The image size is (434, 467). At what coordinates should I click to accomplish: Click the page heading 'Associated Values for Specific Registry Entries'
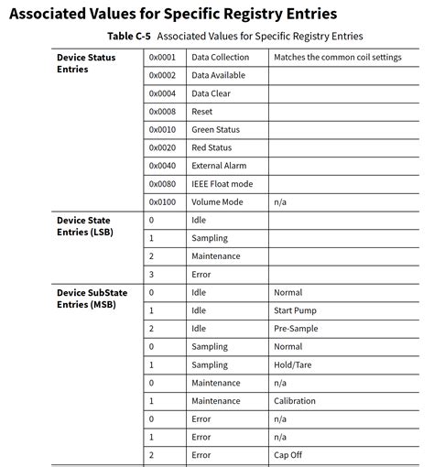(173, 14)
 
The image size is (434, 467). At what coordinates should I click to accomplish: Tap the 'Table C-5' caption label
(129, 36)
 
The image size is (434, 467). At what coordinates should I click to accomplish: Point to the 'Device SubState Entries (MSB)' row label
(92, 298)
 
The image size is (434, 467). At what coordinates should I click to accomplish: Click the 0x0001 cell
(161, 57)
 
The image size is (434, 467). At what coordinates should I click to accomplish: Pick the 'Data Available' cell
(218, 75)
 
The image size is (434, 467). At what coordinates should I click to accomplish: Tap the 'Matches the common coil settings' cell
(337, 57)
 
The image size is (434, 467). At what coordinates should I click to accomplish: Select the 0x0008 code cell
(161, 111)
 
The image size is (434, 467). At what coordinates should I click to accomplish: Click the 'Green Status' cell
(215, 129)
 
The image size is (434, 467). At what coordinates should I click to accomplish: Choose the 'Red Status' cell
(212, 147)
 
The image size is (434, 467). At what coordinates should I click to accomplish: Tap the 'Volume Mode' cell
(217, 201)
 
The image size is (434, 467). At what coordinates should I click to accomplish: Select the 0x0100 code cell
(161, 201)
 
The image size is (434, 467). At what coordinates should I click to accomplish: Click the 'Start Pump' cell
(295, 310)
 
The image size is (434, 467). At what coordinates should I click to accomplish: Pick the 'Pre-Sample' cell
(295, 328)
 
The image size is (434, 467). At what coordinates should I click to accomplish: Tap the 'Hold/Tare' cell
(293, 364)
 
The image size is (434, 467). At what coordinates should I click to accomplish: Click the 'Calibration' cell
(294, 400)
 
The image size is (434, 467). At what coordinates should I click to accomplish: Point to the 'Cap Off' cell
(288, 454)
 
